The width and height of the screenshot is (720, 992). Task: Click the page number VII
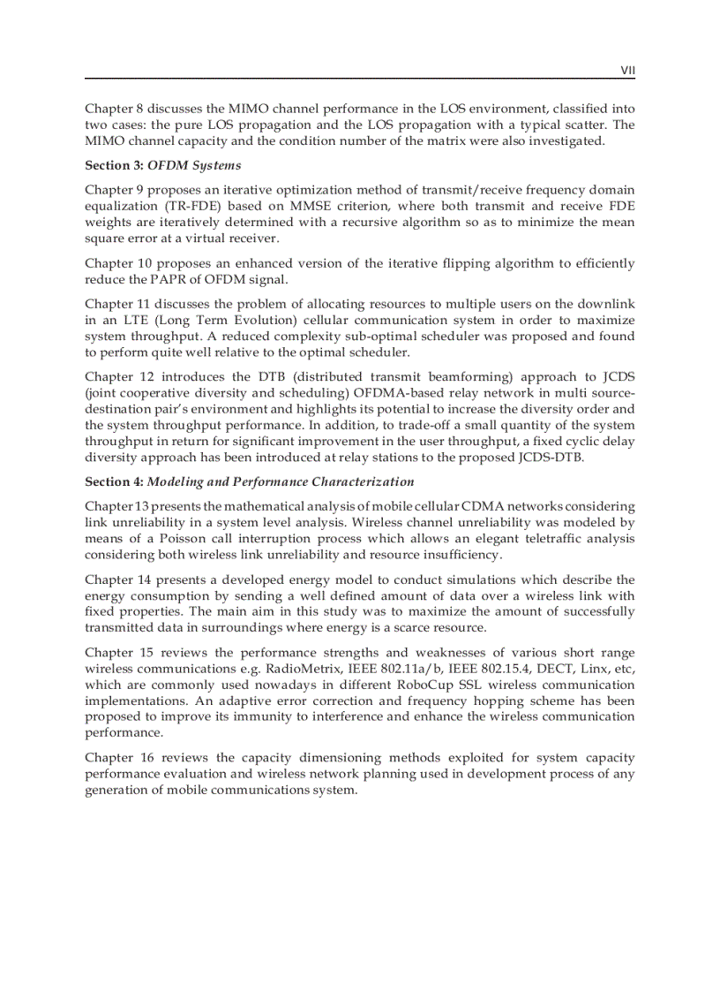[627, 70]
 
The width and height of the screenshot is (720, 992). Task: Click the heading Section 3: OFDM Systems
[162, 165]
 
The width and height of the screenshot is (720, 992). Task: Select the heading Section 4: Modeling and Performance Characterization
[249, 481]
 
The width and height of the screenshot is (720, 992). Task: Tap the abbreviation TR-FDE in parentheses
[179, 207]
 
